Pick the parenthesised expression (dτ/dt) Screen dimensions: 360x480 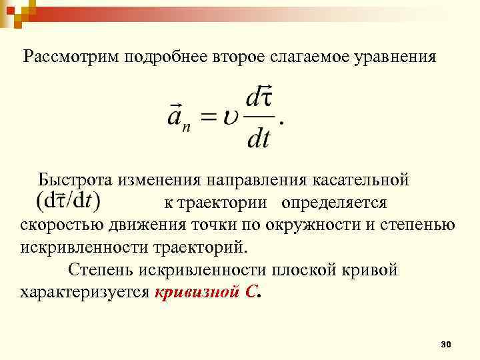tap(67, 200)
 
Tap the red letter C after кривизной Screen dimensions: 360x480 tap(249, 293)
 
